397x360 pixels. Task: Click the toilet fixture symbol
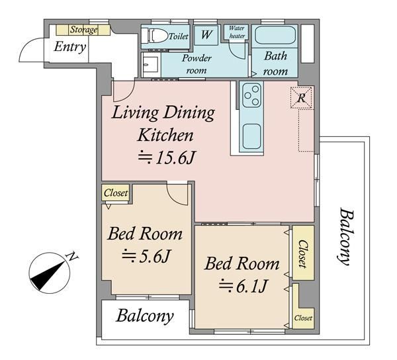154,36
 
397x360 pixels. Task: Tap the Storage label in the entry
83,30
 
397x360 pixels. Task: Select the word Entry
70,47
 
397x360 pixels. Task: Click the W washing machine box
206,35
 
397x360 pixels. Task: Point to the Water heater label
237,32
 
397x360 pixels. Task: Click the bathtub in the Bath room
275,36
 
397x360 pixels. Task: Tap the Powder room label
197,64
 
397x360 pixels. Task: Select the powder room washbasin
152,64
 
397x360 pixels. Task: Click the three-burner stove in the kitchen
251,95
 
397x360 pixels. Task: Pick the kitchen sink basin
251,136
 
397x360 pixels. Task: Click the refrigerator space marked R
301,98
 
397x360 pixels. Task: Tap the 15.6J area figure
167,157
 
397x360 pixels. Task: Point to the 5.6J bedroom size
147,256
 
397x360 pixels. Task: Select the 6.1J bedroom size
243,286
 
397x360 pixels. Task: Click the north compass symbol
50,273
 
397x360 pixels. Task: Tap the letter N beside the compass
72,257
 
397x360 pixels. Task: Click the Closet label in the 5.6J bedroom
116,193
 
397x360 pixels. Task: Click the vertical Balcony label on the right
346,236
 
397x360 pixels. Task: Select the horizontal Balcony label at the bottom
145,316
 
